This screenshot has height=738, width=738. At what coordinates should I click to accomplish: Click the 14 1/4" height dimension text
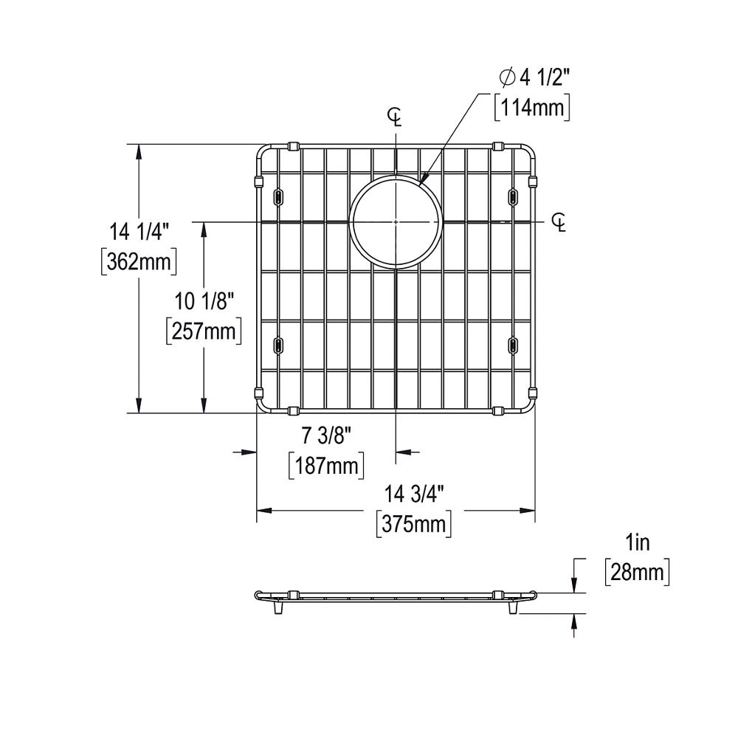pos(139,232)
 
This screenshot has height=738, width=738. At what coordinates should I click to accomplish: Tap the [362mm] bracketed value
pos(139,262)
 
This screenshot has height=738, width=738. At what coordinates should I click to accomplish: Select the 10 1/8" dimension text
pos(204,301)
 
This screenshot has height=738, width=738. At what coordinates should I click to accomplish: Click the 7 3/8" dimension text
pos(327,436)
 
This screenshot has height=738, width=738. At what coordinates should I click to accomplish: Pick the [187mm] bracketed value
pos(326,466)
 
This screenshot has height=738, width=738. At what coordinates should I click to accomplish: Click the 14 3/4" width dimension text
pos(414,494)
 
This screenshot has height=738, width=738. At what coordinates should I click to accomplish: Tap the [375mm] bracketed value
pos(414,524)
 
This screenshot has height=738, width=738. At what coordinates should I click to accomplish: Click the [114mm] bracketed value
pos(532,108)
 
